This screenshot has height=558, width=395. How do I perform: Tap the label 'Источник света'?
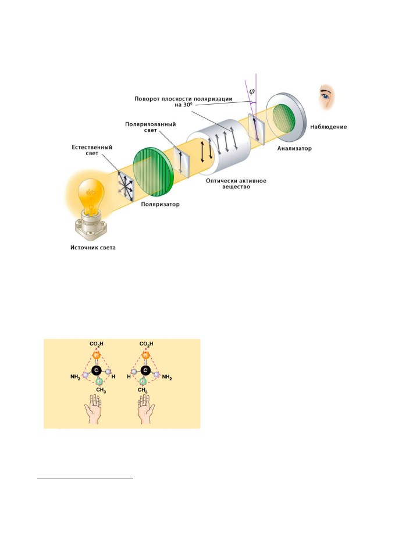[x=93, y=248]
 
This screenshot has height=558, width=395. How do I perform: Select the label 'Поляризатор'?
[x=161, y=204]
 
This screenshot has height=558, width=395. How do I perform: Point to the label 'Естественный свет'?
[x=92, y=150]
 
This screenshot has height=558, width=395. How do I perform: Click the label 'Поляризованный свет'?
[x=150, y=127]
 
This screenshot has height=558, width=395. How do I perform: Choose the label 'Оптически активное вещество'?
[x=236, y=184]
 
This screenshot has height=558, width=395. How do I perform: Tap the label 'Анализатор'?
[x=294, y=148]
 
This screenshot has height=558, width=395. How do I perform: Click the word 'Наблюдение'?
[x=329, y=127]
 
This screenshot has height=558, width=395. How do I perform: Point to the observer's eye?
[x=326, y=96]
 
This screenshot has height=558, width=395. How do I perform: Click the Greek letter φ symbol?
[x=252, y=91]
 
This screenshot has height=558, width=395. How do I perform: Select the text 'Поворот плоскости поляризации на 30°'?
[x=183, y=102]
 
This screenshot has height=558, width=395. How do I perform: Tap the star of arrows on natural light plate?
[x=127, y=185]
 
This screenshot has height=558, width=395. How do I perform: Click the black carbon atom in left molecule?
[x=95, y=370]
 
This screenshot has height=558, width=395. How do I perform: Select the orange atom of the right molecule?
[x=145, y=355]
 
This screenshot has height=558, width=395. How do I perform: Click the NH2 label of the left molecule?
[x=76, y=377]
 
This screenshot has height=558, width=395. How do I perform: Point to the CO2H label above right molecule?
[x=147, y=344]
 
